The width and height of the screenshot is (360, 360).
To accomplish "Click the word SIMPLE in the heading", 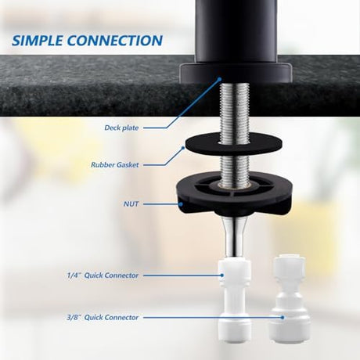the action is [x=38, y=41].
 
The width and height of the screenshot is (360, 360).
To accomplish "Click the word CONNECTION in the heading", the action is [x=115, y=41].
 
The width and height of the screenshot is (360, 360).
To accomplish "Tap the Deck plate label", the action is [x=121, y=128].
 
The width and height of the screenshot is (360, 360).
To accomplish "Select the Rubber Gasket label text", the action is [x=115, y=165].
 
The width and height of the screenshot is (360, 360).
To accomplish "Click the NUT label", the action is [x=131, y=204].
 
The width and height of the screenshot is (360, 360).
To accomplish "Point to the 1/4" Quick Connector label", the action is [x=103, y=275].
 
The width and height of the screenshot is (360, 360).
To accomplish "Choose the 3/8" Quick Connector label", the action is [x=103, y=318].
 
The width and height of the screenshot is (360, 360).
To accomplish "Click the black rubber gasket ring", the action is [x=233, y=143].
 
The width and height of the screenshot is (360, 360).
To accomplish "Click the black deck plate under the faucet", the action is [x=236, y=73].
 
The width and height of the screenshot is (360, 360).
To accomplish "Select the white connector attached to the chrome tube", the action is [x=234, y=300].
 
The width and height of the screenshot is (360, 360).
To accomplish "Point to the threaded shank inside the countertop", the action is [x=235, y=99].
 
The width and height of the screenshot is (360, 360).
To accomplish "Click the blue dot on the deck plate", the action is [x=220, y=78].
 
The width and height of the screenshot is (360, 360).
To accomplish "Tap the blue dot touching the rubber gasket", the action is [x=183, y=148].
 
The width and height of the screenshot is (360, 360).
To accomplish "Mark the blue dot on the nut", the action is [x=181, y=204].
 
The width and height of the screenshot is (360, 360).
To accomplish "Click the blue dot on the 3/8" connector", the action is [x=283, y=318].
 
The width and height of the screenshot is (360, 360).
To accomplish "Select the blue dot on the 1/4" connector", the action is [x=222, y=275].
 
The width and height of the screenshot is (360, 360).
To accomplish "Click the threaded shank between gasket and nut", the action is [x=234, y=167].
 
